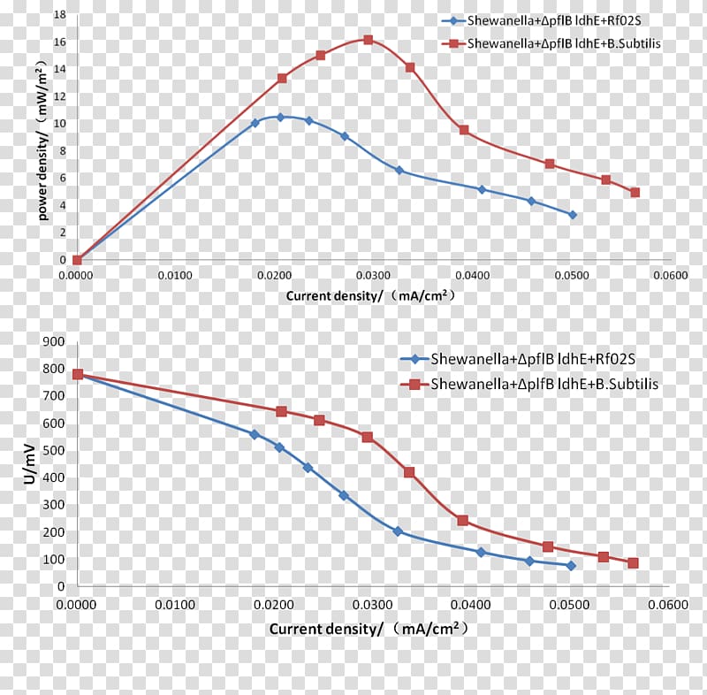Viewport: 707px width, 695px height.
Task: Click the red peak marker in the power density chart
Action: click(x=368, y=40)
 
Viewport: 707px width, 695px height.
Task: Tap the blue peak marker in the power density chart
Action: click(x=280, y=117)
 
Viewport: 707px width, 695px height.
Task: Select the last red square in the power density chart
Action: click(x=635, y=192)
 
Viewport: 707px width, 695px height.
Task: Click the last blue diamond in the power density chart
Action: click(x=572, y=215)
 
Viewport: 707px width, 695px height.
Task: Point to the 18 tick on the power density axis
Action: click(x=59, y=14)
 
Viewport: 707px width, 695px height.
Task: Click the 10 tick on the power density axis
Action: click(x=59, y=123)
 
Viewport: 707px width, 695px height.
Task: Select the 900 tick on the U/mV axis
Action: click(x=55, y=341)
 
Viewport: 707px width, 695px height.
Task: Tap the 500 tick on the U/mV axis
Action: click(x=55, y=450)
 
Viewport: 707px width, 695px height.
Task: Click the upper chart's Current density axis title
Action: click(x=370, y=296)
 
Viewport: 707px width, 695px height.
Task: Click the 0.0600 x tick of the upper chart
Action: click(x=671, y=275)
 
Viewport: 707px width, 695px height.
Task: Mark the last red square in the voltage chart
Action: click(x=633, y=562)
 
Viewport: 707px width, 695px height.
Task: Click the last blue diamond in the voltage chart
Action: click(x=571, y=565)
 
